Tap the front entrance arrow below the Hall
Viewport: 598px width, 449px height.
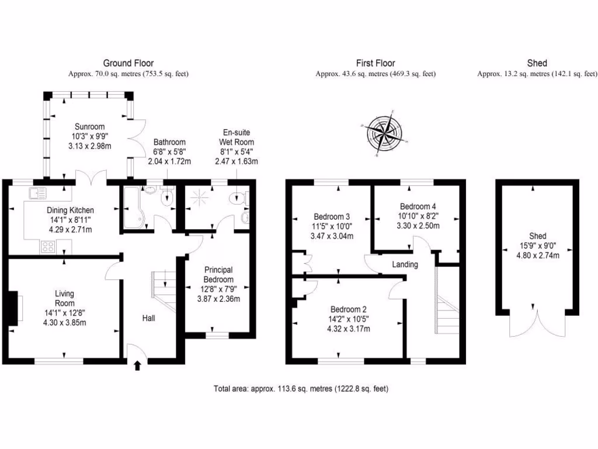pyautogui.click(x=137, y=365)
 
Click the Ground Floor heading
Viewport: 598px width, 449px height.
pyautogui.click(x=128, y=63)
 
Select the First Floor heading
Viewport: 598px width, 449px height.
pyautogui.click(x=376, y=63)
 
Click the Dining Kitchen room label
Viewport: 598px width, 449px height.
pyautogui.click(x=70, y=210)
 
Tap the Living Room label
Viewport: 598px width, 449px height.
pyautogui.click(x=64, y=298)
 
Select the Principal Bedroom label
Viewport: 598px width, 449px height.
pyautogui.click(x=218, y=274)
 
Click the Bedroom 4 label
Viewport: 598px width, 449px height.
pyautogui.click(x=418, y=206)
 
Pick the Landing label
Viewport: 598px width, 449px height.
pyautogui.click(x=405, y=264)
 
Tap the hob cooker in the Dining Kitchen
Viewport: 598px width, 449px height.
pyautogui.click(x=47, y=248)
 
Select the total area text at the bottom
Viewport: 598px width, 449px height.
pyautogui.click(x=301, y=389)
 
